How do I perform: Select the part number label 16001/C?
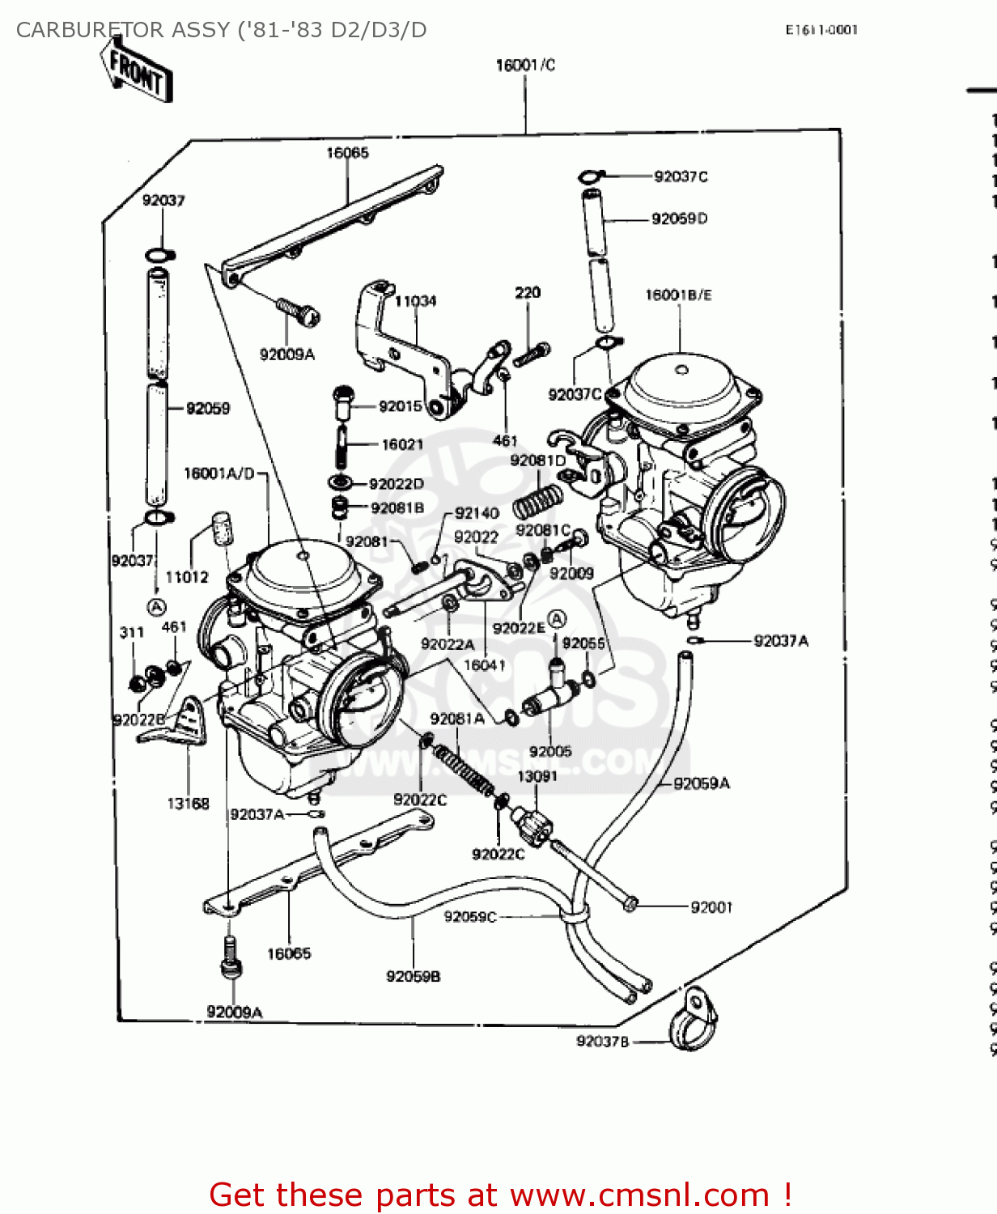tap(525, 66)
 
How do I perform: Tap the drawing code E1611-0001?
tap(821, 30)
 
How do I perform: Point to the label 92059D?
tap(679, 219)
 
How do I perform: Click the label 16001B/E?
tap(678, 295)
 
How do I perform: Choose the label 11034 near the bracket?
tap(415, 301)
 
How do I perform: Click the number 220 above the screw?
tap(528, 293)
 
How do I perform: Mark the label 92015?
tap(401, 406)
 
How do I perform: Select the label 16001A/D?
tap(219, 473)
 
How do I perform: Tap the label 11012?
tap(187, 577)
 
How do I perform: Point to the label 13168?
tap(188, 804)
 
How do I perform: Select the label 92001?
tap(711, 907)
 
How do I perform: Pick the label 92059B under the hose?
tap(413, 977)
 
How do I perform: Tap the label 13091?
tap(537, 776)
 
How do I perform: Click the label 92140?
tap(477, 513)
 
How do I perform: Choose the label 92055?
tap(583, 643)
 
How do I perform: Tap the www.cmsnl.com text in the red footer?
tap(639, 1195)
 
